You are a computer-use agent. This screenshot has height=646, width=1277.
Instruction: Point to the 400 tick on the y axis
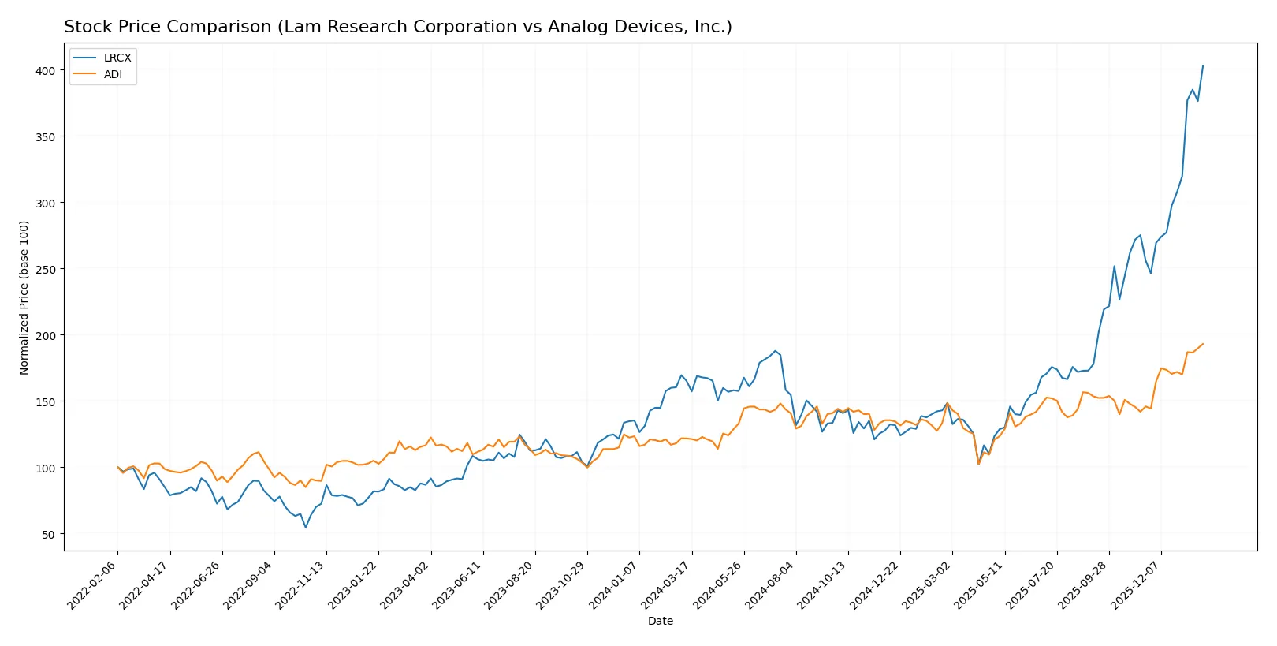[x=46, y=70]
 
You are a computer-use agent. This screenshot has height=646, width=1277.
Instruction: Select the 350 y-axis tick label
[x=46, y=136]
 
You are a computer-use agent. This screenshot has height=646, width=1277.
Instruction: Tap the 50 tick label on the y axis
[x=48, y=534]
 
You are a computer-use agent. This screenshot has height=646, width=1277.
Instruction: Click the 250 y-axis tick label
[x=46, y=269]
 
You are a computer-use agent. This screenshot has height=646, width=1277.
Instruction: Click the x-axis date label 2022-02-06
[x=93, y=584]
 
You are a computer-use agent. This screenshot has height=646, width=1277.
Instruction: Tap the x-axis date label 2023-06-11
[x=458, y=584]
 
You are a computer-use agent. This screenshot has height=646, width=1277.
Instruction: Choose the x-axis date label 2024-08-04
[x=771, y=584]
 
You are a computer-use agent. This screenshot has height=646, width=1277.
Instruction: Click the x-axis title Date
[x=660, y=621]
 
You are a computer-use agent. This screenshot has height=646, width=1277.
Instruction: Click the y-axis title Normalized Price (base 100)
[x=24, y=297]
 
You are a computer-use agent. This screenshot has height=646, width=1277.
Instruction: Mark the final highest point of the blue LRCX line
[x=1203, y=65]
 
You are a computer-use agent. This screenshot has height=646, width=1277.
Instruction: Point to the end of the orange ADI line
[x=1203, y=344]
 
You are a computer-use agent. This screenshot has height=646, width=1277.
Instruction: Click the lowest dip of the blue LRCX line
[x=306, y=527]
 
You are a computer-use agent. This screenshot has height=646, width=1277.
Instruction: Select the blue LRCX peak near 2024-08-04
[x=775, y=351]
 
